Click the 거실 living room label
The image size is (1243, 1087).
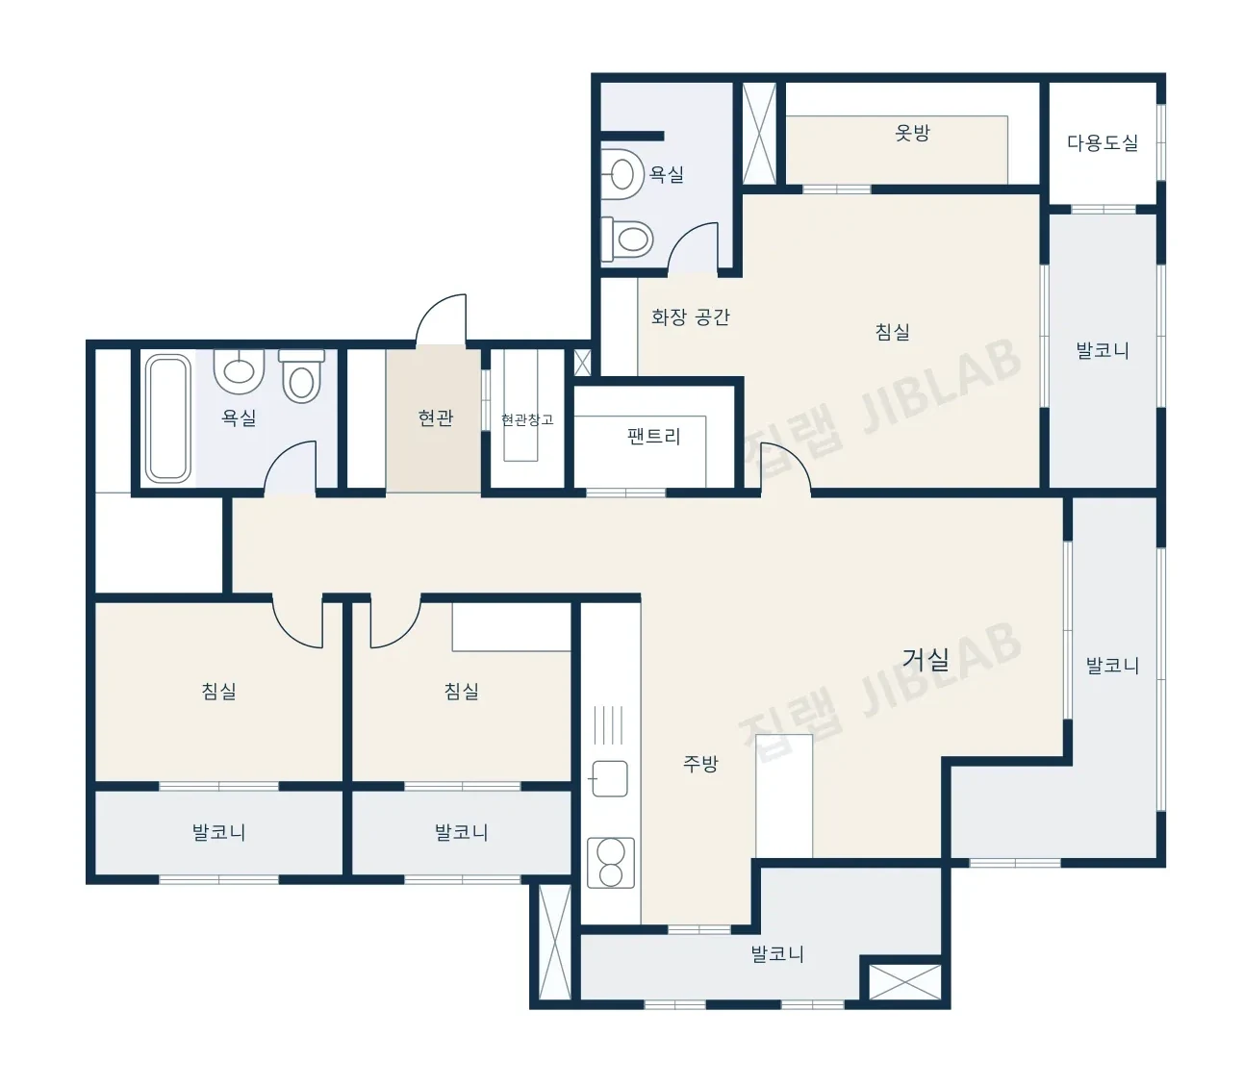[926, 660]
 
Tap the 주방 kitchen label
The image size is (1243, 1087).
[700, 764]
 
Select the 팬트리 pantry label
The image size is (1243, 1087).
[653, 436]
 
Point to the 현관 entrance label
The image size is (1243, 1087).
[436, 417]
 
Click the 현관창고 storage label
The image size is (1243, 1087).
[527, 419]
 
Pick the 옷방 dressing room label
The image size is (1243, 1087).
[912, 133]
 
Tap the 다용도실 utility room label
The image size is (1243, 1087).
[1102, 142]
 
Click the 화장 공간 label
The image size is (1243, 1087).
[690, 316]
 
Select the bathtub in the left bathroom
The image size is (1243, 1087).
[167, 418]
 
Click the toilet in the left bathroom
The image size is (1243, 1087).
[301, 376]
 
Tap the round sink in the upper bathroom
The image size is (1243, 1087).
[621, 175]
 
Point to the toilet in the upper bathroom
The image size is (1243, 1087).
[627, 240]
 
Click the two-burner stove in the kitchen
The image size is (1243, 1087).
[611, 863]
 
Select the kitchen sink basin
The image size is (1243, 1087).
[609, 778]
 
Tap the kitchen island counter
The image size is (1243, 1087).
[784, 796]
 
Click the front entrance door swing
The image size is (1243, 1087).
[441, 320]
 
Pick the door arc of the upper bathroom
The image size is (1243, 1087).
[694, 248]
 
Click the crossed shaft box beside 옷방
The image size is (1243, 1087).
[759, 133]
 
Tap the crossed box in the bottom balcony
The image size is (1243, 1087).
[904, 981]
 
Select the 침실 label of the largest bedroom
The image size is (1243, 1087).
[892, 332]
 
